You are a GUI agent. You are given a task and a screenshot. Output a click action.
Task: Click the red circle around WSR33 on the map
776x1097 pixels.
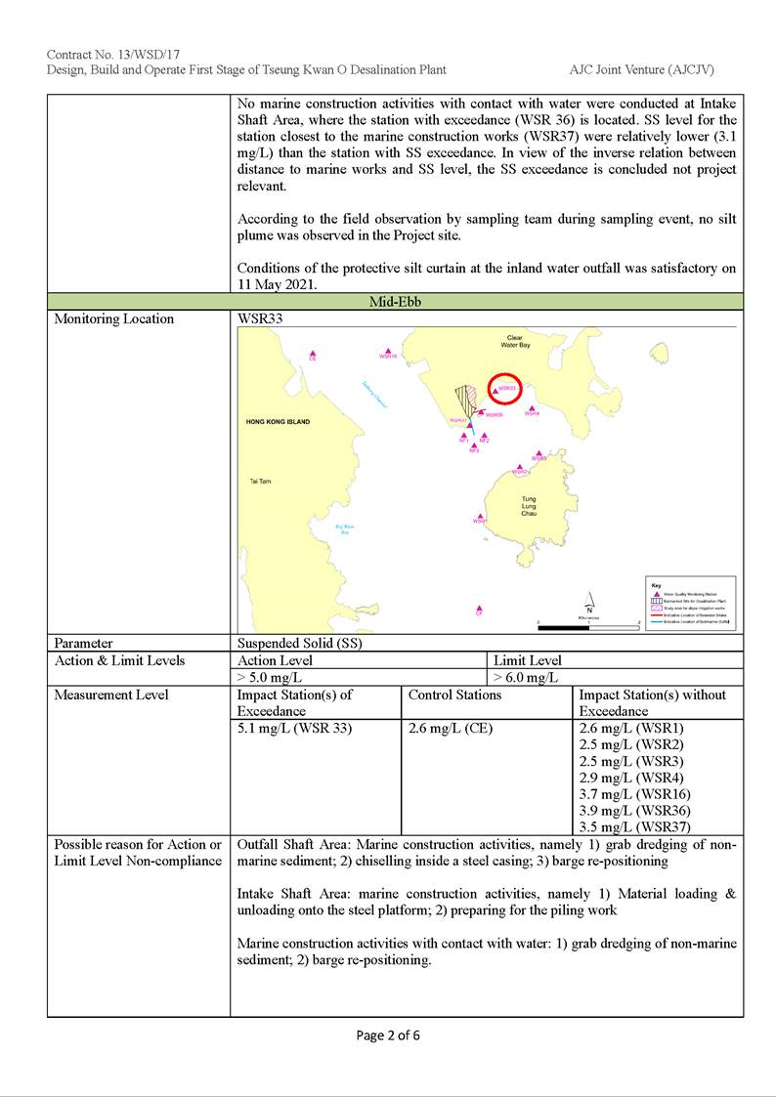(505, 389)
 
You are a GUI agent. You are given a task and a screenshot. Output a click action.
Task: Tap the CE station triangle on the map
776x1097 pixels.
(313, 355)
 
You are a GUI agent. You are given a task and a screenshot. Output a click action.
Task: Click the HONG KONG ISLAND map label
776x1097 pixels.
(278, 422)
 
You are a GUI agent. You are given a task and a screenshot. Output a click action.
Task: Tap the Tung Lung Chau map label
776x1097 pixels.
(529, 506)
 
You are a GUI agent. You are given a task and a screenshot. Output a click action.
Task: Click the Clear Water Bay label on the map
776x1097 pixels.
(514, 342)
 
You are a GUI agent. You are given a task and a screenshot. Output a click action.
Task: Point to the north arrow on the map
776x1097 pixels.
(589, 603)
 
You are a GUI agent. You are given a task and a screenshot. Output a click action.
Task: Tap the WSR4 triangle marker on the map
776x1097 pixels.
(531, 408)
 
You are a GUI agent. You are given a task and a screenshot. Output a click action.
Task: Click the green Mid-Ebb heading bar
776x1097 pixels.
(395, 302)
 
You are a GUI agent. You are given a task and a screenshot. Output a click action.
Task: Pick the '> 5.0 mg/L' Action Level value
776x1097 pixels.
(270, 677)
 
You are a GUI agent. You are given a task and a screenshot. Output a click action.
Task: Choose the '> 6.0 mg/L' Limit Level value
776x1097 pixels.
(526, 677)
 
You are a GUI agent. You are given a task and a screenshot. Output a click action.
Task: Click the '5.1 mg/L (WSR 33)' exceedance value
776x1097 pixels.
(294, 728)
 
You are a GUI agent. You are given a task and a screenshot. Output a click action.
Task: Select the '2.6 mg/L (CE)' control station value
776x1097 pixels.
(451, 728)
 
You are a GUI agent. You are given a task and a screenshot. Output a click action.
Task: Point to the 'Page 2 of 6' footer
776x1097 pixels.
(388, 1035)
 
